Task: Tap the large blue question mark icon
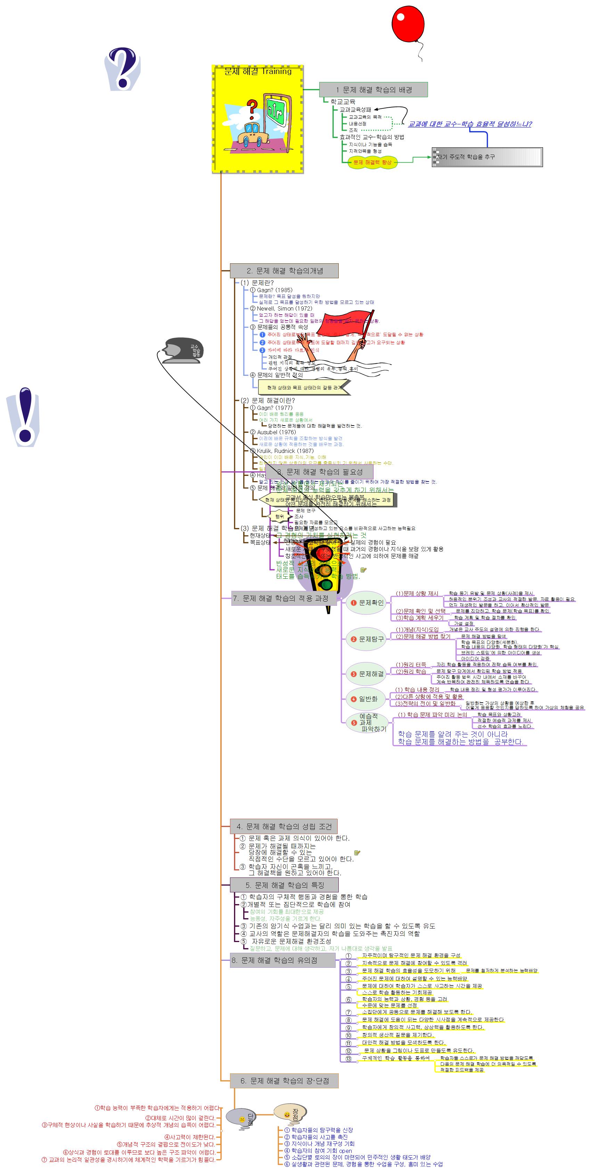pos(122,68)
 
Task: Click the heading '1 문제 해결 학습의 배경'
pos(373,90)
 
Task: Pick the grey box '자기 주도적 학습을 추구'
pos(487,157)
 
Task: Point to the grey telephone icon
pos(183,350)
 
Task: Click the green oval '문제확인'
pos(366,603)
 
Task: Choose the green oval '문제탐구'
pos(366,639)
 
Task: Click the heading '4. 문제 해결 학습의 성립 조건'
pos(284,826)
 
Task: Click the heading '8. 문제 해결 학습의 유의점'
pos(282,960)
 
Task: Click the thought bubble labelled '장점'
pos(291,1112)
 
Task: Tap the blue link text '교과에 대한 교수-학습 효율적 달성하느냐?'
pos(470,124)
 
